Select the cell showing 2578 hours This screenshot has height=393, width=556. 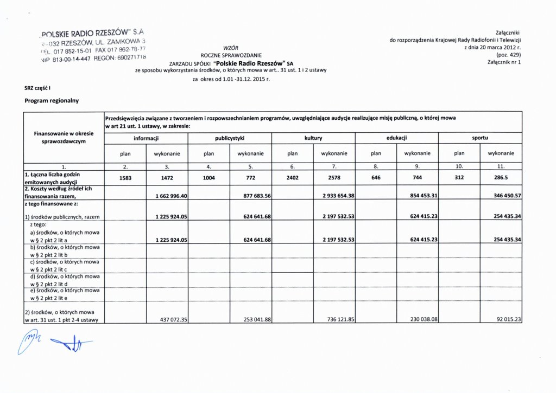pos(334,177)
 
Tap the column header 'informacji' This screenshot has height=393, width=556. pos(147,138)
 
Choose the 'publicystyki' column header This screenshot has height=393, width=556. pos(230,138)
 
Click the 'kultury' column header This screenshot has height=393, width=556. pos(313,138)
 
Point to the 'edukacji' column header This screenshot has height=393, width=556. pos(397,138)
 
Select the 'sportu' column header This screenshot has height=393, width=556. pos(480,138)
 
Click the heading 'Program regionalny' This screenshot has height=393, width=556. pos(52,100)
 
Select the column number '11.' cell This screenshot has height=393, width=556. pos(501,166)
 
